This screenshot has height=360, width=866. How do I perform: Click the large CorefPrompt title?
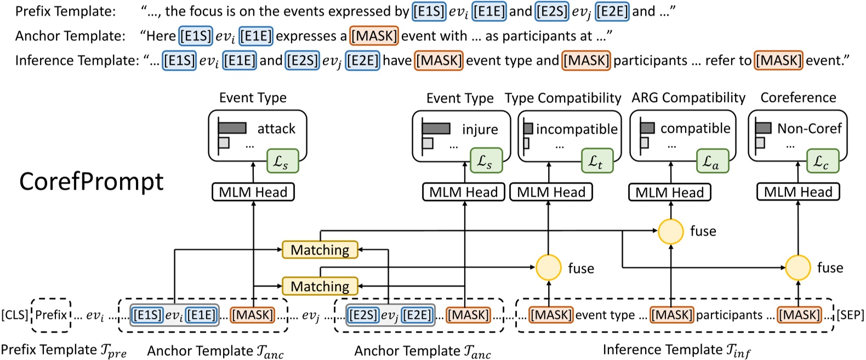pyautogui.click(x=92, y=181)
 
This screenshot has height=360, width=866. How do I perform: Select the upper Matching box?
pyautogui.click(x=320, y=250)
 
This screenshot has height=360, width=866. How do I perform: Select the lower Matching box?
pyautogui.click(x=320, y=286)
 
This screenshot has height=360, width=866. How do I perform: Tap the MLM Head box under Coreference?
pyautogui.click(x=798, y=192)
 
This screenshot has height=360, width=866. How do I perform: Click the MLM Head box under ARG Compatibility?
pyautogui.click(x=669, y=192)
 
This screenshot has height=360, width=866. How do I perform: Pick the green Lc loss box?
pyautogui.click(x=822, y=161)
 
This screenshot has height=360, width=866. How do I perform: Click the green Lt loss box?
pyautogui.click(x=597, y=161)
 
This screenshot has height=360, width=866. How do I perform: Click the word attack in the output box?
pyautogui.click(x=276, y=129)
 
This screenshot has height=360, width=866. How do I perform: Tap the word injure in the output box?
pyautogui.click(x=480, y=129)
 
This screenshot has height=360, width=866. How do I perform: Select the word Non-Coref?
pyautogui.click(x=809, y=129)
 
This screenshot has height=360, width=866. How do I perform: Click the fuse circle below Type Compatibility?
pyautogui.click(x=548, y=267)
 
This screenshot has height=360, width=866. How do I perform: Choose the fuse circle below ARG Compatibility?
pyautogui.click(x=670, y=231)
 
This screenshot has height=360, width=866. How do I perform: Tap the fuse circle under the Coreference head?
pyautogui.click(x=798, y=267)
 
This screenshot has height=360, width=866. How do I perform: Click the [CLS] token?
pyautogui.click(x=15, y=315)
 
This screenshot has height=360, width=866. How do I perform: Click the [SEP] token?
pyautogui.click(x=850, y=315)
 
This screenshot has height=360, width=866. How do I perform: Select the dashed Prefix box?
pyautogui.click(x=51, y=315)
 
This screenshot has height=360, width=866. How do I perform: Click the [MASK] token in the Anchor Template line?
pyautogui.click(x=374, y=36)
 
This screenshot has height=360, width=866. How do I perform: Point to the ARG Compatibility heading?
pyautogui.click(x=688, y=98)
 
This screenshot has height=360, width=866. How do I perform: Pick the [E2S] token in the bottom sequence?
pyautogui.click(x=362, y=315)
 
